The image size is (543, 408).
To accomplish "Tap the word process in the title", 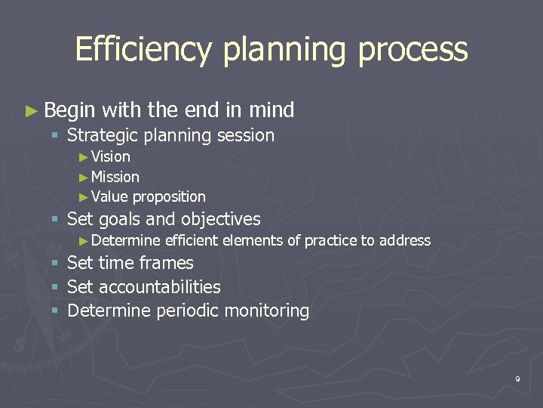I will pos(413,50).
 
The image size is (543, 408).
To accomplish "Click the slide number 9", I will pos(517,379).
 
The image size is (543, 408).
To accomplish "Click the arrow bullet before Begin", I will pos(30,111).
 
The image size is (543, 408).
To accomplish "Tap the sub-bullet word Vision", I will pos(110,157).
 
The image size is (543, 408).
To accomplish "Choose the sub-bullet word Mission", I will pos(115,177).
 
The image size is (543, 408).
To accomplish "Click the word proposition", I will pos(169,197).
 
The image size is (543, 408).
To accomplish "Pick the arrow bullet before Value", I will pos(84,197).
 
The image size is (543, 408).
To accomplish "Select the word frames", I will pos(170,264).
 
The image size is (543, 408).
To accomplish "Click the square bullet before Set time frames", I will pos(54,264).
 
